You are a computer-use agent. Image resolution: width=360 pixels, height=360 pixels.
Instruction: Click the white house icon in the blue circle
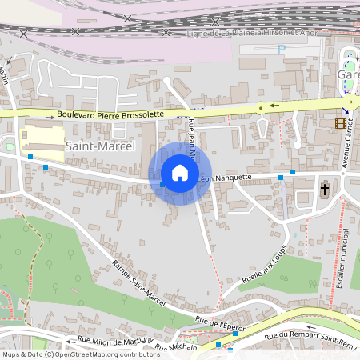tap(180, 173)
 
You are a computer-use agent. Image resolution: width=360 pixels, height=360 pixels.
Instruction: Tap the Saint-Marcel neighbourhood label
tap(101, 146)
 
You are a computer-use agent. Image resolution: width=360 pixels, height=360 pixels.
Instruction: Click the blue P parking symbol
tap(281, 49)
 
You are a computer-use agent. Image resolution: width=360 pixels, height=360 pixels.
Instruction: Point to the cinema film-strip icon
tap(342, 123)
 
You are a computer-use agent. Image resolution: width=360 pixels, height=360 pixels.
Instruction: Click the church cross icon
tap(325, 190)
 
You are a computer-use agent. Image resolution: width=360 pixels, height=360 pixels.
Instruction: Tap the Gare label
tap(349, 74)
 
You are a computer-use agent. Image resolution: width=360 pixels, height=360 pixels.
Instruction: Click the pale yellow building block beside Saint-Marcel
tap(42, 134)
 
